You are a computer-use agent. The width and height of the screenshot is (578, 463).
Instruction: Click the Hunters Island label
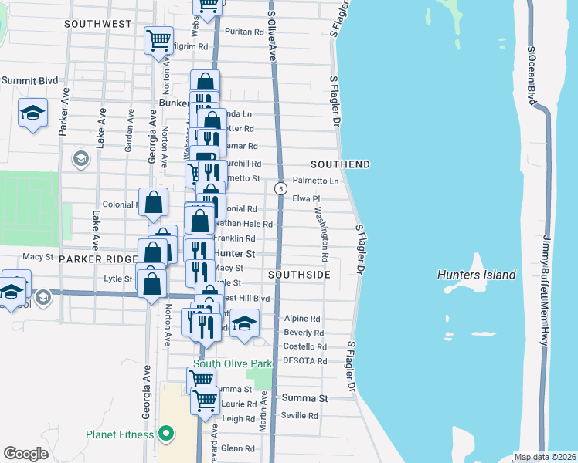[476, 275]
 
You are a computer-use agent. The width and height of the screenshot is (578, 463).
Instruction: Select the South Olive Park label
[233, 363]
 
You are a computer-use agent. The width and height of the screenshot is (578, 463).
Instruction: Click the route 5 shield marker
[280, 188]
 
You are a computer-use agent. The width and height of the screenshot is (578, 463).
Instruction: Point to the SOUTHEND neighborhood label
[340, 164]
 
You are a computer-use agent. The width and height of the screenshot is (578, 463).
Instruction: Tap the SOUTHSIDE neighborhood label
[299, 275]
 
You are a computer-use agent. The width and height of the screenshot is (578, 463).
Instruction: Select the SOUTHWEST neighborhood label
[98, 24]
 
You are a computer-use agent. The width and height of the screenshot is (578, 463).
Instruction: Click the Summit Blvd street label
[29, 80]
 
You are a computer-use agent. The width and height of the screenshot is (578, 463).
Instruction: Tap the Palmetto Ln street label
[321, 181]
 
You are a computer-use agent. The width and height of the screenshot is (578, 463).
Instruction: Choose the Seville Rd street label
[301, 415]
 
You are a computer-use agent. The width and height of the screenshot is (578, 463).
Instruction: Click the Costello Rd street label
[304, 347]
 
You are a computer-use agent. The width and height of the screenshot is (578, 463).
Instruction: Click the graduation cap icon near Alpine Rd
[244, 323]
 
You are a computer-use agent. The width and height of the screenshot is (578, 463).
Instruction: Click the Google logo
[26, 453]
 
